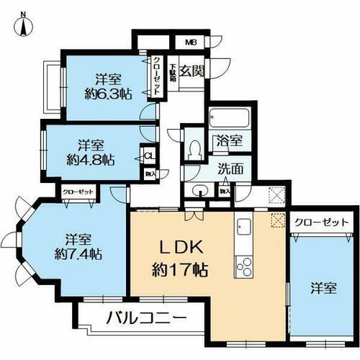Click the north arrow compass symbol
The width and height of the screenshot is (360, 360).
click(23, 24)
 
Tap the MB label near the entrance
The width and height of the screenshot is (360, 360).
click(192, 41)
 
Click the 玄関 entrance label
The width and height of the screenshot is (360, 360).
click(192, 71)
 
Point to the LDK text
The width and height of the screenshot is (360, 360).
click(181, 248)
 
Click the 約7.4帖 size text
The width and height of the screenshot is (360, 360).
click(81, 253)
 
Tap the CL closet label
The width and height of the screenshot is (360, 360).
click(148, 155)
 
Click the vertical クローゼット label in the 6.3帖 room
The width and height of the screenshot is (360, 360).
click(156, 78)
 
